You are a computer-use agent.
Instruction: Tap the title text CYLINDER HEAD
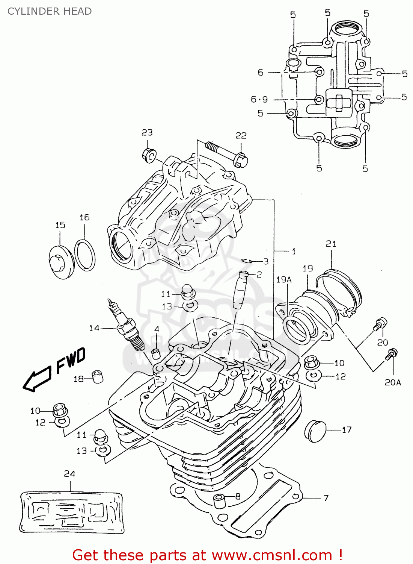[50, 11]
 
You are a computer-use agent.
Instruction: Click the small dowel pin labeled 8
[220, 501]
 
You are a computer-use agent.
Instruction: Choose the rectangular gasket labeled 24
[71, 512]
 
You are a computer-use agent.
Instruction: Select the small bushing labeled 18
[98, 376]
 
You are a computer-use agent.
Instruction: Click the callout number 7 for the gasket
[326, 498]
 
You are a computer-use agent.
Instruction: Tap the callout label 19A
[284, 279]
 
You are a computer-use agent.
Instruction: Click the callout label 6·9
[259, 99]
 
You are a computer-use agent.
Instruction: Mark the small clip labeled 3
[247, 261]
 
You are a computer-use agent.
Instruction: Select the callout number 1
[294, 251]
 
